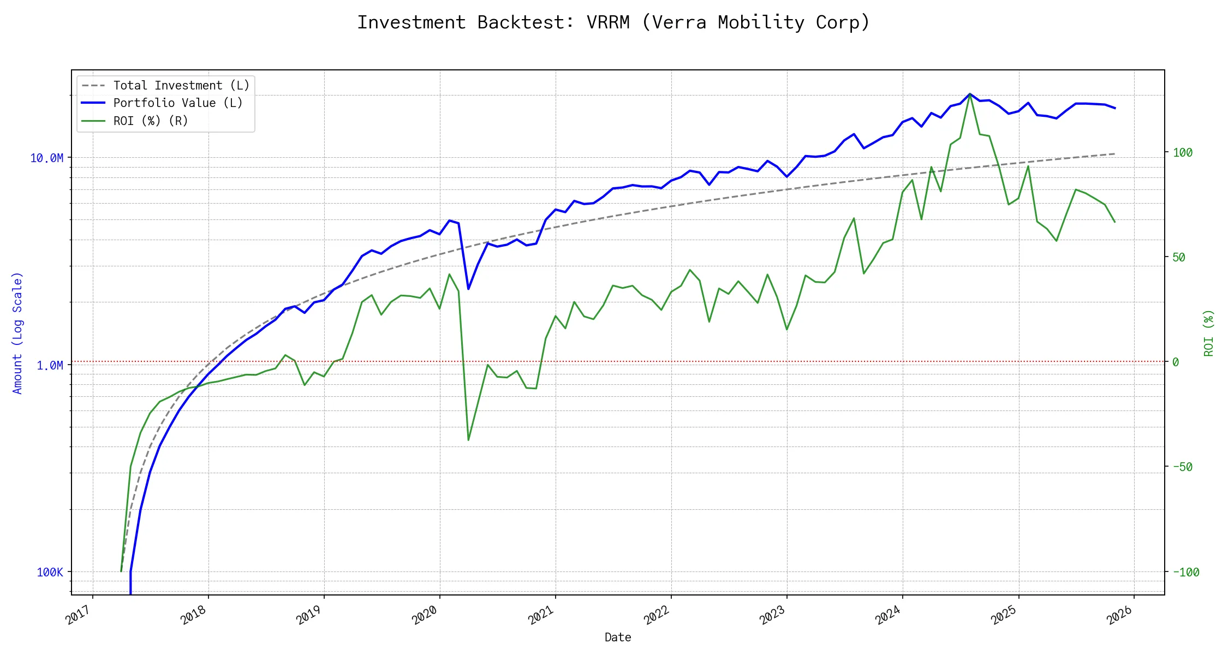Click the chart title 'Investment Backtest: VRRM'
(x=613, y=22)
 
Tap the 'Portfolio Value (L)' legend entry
(x=178, y=103)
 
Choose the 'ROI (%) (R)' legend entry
(x=151, y=121)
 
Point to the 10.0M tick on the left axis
(x=46, y=158)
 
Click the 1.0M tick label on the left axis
(x=50, y=365)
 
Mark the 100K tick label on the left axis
(x=50, y=572)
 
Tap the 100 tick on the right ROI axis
(x=1183, y=153)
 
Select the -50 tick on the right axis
(x=1182, y=467)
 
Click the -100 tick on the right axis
(x=1185, y=572)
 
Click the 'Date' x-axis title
(x=618, y=638)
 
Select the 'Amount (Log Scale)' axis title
(x=18, y=332)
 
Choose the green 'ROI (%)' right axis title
(x=1209, y=333)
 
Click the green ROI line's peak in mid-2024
(x=970, y=94)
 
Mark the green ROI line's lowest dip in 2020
(x=468, y=440)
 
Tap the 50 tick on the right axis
(x=1179, y=257)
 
